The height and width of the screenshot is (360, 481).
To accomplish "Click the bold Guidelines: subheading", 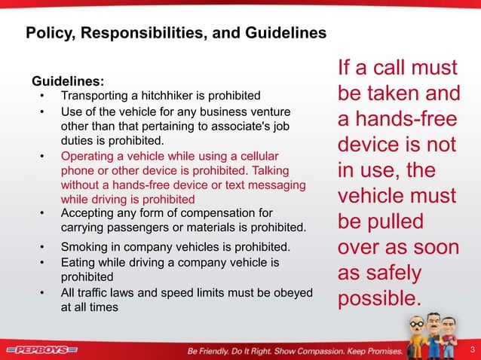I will coord(68,81).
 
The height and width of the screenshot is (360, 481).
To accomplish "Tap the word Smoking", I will coord(84,246).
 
